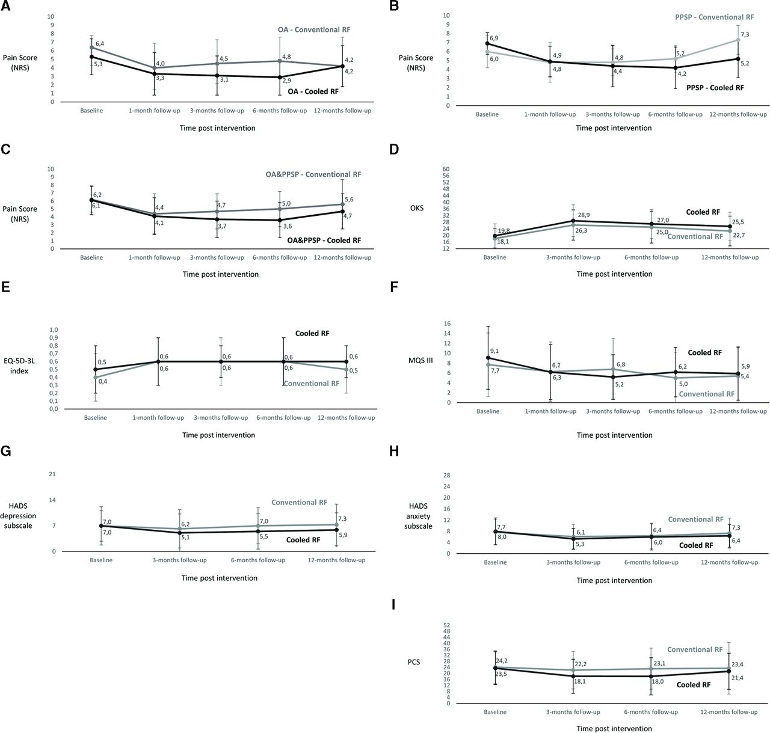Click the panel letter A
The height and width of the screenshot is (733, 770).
point(5,6)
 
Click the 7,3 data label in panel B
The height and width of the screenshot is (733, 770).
point(745,34)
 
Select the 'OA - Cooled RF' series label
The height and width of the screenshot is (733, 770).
point(313,91)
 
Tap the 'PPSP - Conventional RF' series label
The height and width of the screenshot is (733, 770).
point(715,17)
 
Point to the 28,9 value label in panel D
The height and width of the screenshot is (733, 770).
point(584,215)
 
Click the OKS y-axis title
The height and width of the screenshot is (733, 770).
point(417,208)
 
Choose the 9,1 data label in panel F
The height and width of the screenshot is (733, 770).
point(494,351)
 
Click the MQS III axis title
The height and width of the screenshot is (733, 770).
point(420,360)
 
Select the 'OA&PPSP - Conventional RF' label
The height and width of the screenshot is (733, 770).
point(313,174)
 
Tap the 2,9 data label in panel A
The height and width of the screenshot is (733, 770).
point(287,81)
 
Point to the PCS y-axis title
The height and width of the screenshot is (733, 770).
point(414,661)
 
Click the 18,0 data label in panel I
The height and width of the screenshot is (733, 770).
point(658,681)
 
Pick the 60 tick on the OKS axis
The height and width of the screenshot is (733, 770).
point(446,169)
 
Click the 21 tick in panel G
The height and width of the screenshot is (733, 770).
point(52,474)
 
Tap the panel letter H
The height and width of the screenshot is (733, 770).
point(394,451)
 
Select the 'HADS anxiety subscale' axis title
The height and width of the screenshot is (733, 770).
point(418,516)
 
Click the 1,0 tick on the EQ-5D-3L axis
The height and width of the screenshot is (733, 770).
point(54,330)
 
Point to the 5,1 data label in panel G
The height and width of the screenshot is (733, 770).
point(186,537)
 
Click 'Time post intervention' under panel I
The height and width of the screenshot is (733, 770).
point(614,728)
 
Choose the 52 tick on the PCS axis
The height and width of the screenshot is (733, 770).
point(447,625)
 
